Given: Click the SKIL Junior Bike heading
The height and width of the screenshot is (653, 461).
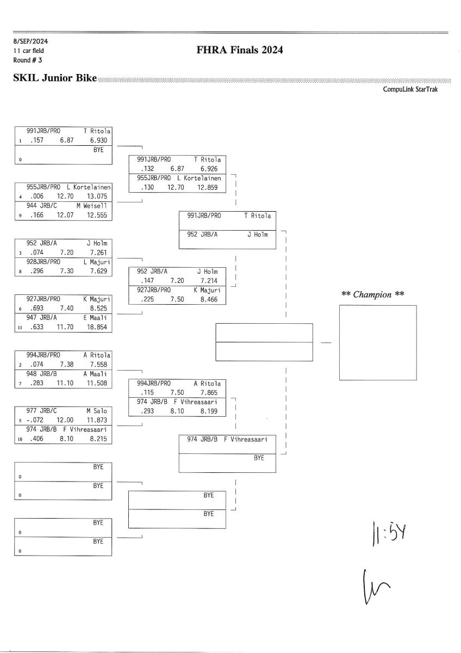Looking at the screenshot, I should click(x=54, y=79).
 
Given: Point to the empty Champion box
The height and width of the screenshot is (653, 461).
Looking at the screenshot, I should click(x=377, y=342).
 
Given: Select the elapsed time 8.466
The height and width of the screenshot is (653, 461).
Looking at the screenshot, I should click(x=209, y=299).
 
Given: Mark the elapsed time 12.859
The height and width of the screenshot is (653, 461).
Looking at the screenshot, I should click(x=209, y=187).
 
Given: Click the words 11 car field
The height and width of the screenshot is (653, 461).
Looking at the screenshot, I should click(x=29, y=51).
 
